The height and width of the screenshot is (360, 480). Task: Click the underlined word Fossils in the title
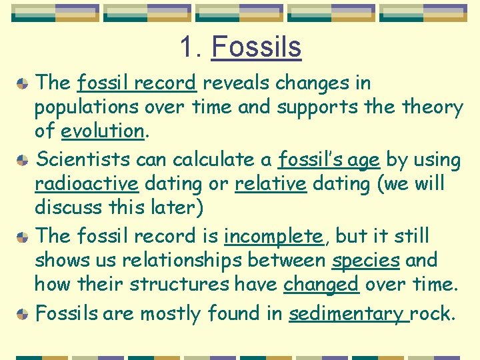pyautogui.click(x=256, y=47)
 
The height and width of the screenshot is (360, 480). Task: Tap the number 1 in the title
pyautogui.click(x=186, y=47)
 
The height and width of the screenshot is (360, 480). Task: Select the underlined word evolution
pyautogui.click(x=102, y=131)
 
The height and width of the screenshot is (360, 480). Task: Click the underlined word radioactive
pyautogui.click(x=86, y=183)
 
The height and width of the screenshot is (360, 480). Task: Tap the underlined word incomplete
pyautogui.click(x=273, y=236)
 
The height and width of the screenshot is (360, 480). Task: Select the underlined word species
pyautogui.click(x=365, y=260)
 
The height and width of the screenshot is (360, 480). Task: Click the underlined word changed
pyautogui.click(x=321, y=284)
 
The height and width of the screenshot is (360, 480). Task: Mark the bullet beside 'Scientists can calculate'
pyautogui.click(x=22, y=160)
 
